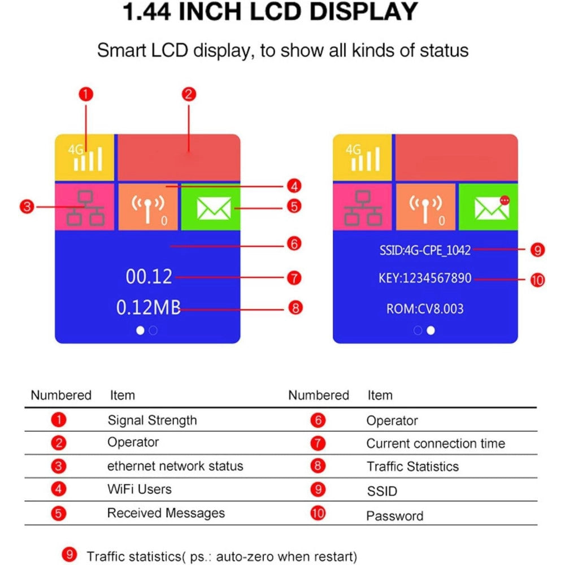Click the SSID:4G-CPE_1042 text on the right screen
(425, 250)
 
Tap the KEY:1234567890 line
(425, 278)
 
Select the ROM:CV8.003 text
(425, 309)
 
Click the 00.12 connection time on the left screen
(149, 277)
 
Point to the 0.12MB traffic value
(148, 308)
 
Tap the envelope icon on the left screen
(214, 208)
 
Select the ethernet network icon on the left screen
(85, 208)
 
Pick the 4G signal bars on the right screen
(363, 158)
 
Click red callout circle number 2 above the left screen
(189, 94)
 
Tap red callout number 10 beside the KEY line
(537, 280)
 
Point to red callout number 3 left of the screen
(27, 207)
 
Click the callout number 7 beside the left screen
(294, 278)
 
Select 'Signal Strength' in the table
(152, 420)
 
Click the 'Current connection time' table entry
(436, 443)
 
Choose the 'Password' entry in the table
(394, 516)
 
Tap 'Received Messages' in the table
(166, 513)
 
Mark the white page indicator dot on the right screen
(431, 331)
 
